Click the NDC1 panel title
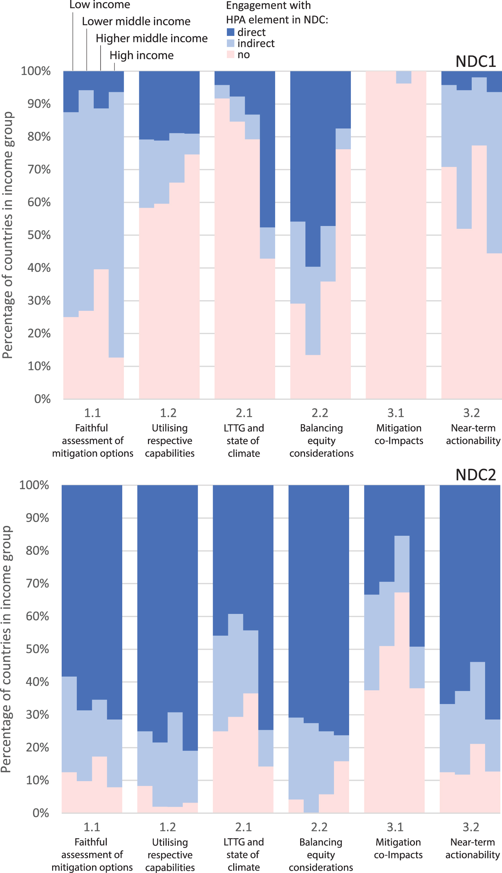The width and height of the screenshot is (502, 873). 476,62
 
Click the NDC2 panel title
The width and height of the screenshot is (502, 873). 476,475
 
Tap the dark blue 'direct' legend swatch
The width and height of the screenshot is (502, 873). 230,32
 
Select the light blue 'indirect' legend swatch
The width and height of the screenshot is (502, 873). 230,43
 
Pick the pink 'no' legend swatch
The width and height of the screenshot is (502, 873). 230,55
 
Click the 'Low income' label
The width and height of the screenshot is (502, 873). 100,5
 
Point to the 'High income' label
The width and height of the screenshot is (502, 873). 142,55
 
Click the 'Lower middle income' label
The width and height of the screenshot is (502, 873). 136,21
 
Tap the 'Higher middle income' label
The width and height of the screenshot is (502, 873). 151,38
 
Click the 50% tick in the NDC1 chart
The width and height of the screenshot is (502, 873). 39,235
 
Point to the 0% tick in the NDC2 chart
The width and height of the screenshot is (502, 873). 41,813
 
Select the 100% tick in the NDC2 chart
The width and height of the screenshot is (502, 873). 34,485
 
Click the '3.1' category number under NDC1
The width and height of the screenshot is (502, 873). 396,413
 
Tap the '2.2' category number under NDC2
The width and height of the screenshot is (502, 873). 320,827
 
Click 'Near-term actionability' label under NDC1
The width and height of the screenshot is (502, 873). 473,434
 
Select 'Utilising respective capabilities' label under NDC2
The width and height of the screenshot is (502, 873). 170,855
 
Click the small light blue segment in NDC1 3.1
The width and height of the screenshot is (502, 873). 404,77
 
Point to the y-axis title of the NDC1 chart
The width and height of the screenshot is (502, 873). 8,235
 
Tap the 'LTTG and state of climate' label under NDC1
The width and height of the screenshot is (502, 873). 244,441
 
